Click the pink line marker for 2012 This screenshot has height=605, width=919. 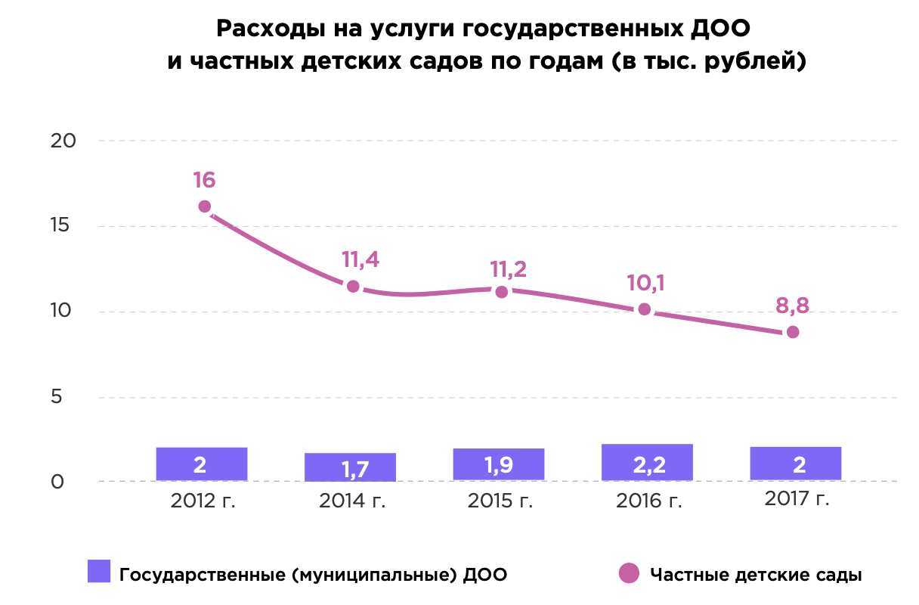[204, 206]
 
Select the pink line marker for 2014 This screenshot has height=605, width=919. [353, 287]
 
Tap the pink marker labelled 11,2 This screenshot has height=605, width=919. [501, 291]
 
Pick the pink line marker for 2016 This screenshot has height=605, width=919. [644, 309]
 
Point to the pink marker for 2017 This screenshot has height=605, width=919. [793, 332]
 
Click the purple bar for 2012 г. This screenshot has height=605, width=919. [202, 464]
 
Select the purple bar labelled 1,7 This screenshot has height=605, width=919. [350, 467]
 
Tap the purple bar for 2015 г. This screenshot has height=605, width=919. [499, 464]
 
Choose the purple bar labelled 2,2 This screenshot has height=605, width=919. [647, 462]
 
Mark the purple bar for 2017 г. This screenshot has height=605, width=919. [796, 464]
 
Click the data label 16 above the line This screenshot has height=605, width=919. [204, 181]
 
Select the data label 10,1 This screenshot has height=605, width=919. [645, 284]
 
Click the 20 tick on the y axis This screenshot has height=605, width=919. [65, 141]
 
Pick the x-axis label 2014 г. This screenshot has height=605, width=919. [351, 501]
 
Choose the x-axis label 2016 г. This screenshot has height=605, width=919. [648, 501]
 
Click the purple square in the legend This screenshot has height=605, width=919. [99, 572]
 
